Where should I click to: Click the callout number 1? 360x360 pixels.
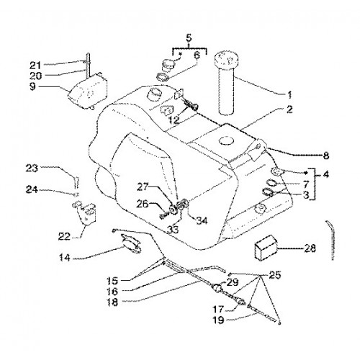(289, 95)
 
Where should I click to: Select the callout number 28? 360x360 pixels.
(310, 248)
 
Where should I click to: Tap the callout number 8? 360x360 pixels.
(325, 156)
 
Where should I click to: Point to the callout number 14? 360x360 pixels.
(64, 258)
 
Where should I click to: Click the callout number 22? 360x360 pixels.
(64, 237)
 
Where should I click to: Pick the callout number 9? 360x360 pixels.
(32, 86)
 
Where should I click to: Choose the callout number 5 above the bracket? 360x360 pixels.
(189, 37)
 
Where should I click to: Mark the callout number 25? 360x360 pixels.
(275, 275)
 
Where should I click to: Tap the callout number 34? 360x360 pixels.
(202, 220)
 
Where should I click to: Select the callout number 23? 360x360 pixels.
(32, 168)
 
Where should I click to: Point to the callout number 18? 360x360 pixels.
(113, 302)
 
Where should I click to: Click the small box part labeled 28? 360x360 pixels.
(266, 248)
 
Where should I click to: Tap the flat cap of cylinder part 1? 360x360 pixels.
(226, 58)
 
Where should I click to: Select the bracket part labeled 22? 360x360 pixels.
(84, 211)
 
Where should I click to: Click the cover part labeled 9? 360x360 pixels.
(88, 91)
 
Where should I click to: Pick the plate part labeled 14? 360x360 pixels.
(131, 243)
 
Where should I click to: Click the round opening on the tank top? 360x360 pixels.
(226, 141)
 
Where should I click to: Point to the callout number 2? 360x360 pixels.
(289, 109)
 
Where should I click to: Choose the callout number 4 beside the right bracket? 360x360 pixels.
(325, 174)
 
